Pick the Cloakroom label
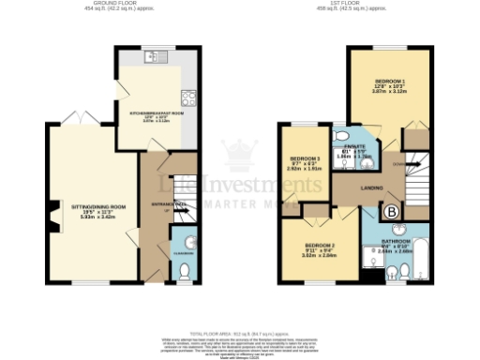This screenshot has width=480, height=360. pyautogui.click(x=184, y=252)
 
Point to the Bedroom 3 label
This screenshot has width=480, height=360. pyautogui.click(x=306, y=159)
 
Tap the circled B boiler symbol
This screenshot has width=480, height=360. pyautogui.click(x=391, y=212)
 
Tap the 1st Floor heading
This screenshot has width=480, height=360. pyautogui.click(x=353, y=5)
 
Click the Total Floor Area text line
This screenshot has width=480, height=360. pyautogui.click(x=240, y=332)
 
